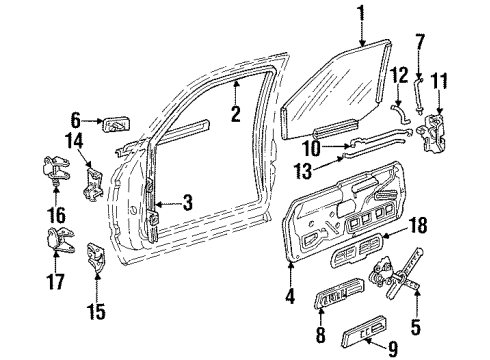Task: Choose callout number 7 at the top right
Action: (420, 43)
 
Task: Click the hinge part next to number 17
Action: (56, 240)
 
